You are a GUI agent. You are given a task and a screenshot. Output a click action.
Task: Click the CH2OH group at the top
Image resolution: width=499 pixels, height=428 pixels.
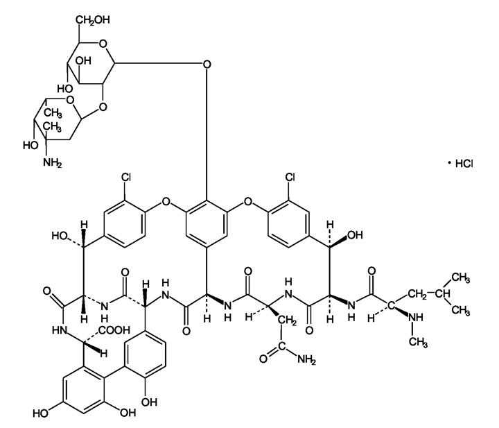tap(93, 20)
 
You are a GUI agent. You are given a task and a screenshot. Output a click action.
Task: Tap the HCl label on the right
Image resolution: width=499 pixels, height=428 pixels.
tap(464, 164)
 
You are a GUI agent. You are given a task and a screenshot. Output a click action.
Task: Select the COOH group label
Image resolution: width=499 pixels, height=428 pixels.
tap(114, 330)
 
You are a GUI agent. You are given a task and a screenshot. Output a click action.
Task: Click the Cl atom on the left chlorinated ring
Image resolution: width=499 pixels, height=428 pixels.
tap(126, 177)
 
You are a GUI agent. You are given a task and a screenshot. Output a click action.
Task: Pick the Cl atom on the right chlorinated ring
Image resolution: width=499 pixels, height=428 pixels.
tap(290, 177)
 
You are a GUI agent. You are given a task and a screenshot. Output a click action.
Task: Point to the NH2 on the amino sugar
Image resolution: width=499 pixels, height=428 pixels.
tap(53, 163)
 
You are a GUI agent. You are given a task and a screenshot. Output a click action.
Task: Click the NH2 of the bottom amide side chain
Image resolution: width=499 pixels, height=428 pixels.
tap(307, 360)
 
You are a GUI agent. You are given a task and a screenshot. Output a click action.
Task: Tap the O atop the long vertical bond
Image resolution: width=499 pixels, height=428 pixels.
tap(207, 65)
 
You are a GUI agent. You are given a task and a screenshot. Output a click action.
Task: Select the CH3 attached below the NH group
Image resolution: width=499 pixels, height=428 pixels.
tap(418, 343)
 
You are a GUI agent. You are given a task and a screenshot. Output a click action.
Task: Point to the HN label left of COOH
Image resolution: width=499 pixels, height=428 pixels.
tap(60, 330)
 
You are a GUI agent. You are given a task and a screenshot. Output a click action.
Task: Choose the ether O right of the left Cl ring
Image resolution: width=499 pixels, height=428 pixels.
tap(166, 201)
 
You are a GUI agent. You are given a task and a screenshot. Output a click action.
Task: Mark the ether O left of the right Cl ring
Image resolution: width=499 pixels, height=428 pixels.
tap(247, 201)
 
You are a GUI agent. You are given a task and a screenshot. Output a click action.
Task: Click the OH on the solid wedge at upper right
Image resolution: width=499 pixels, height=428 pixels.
tap(355, 235)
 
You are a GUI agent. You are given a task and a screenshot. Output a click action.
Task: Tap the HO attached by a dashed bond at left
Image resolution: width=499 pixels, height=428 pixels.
tap(60, 236)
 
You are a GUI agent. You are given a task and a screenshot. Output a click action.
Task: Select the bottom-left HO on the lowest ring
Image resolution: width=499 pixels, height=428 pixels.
tap(40, 413)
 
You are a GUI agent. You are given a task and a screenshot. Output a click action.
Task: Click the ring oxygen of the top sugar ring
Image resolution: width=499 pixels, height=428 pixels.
tap(103, 43)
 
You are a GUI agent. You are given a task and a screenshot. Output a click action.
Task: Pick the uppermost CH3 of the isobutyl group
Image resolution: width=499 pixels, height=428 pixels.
tap(460, 277)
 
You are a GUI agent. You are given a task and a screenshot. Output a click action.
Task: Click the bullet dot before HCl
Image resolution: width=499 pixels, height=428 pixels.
tap(449, 163)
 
